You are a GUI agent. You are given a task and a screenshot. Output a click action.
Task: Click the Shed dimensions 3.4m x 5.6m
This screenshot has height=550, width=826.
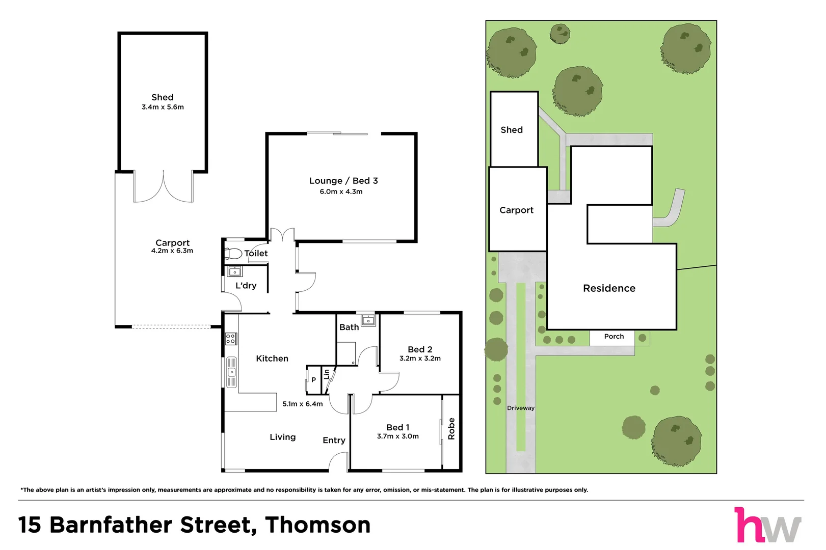pos(163,107)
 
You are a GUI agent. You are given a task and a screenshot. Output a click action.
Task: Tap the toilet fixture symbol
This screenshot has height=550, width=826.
pos(233,254)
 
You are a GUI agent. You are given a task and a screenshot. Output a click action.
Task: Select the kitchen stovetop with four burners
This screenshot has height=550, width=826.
pos(231,339)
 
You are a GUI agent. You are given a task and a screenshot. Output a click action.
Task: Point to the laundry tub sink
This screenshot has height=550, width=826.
pos(234,271)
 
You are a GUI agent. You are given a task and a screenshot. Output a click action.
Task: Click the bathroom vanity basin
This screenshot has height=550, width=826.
pos(368,320)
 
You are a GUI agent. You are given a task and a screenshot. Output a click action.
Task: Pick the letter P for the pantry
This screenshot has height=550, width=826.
pos(314,380)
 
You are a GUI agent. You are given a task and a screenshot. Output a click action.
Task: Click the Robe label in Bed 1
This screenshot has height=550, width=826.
pos(451,429)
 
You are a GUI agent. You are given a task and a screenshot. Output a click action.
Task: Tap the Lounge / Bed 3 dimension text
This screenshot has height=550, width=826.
pos(341,191)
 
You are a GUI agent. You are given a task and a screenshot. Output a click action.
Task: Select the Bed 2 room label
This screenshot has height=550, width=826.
pos(420,349)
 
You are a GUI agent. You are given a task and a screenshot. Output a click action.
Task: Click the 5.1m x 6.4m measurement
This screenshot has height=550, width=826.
pos(303,404)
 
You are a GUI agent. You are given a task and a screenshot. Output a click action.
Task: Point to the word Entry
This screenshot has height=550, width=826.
pos(334,441)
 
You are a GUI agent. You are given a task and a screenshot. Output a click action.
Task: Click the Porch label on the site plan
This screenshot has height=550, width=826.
pos(614,337)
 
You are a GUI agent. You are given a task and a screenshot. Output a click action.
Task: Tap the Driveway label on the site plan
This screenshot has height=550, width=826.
pos(521,408)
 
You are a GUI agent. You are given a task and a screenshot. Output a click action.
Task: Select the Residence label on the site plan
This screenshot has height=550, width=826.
pos(609,288)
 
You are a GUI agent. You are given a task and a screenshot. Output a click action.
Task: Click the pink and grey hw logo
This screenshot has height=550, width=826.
pos(768,525)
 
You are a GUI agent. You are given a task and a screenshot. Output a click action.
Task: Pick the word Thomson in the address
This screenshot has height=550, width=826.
pos(318,525)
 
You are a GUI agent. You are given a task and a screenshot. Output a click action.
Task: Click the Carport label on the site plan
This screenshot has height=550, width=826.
pos(516,210)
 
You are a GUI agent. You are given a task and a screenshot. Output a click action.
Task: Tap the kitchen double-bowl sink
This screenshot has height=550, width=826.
pos(231,372)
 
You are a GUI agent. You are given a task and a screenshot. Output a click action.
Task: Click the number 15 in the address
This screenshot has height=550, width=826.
pos(30,525)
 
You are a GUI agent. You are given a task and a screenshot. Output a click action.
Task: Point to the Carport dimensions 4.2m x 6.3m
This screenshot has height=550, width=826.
pos(172,251)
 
